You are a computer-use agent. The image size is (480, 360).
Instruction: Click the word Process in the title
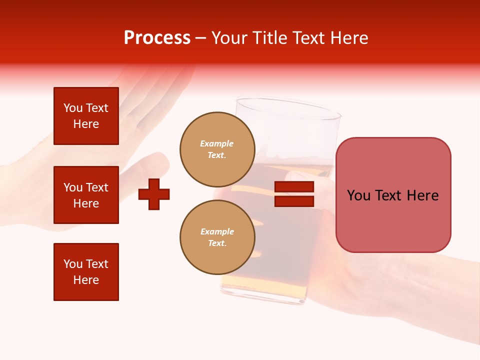pyautogui.click(x=157, y=38)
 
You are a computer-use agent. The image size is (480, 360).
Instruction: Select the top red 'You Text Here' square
pyautogui.click(x=86, y=116)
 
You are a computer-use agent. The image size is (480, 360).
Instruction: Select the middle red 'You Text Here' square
pyautogui.click(x=86, y=195)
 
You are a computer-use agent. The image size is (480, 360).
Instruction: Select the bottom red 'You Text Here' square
pyautogui.click(x=86, y=272)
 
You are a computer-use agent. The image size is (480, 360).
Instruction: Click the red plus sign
pyautogui.click(x=154, y=194)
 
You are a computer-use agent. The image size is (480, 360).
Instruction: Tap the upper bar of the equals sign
pyautogui.click(x=294, y=187)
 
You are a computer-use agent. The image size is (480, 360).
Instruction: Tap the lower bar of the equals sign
pyautogui.click(x=294, y=201)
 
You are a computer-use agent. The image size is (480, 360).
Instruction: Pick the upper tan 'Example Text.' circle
pyautogui.click(x=217, y=149)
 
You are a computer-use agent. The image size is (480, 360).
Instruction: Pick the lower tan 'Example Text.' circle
pyautogui.click(x=217, y=237)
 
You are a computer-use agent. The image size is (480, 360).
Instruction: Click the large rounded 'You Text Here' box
pyautogui.click(x=393, y=195)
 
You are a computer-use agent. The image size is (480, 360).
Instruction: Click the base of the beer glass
pyautogui.click(x=262, y=298)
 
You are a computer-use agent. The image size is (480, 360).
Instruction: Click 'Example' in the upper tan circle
pyautogui.click(x=217, y=143)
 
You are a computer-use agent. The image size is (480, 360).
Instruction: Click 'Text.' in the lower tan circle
pyautogui.click(x=217, y=243)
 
